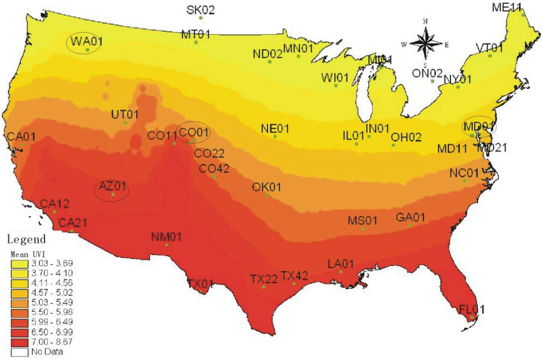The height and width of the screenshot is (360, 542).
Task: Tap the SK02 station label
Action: (201, 10)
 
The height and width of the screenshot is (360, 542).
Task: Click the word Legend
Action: (26, 238)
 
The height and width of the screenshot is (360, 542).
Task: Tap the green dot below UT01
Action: (125, 123)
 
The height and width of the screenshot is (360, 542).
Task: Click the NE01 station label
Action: (275, 129)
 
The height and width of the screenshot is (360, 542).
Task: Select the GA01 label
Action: (411, 217)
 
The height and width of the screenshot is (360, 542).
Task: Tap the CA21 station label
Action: (72, 222)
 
